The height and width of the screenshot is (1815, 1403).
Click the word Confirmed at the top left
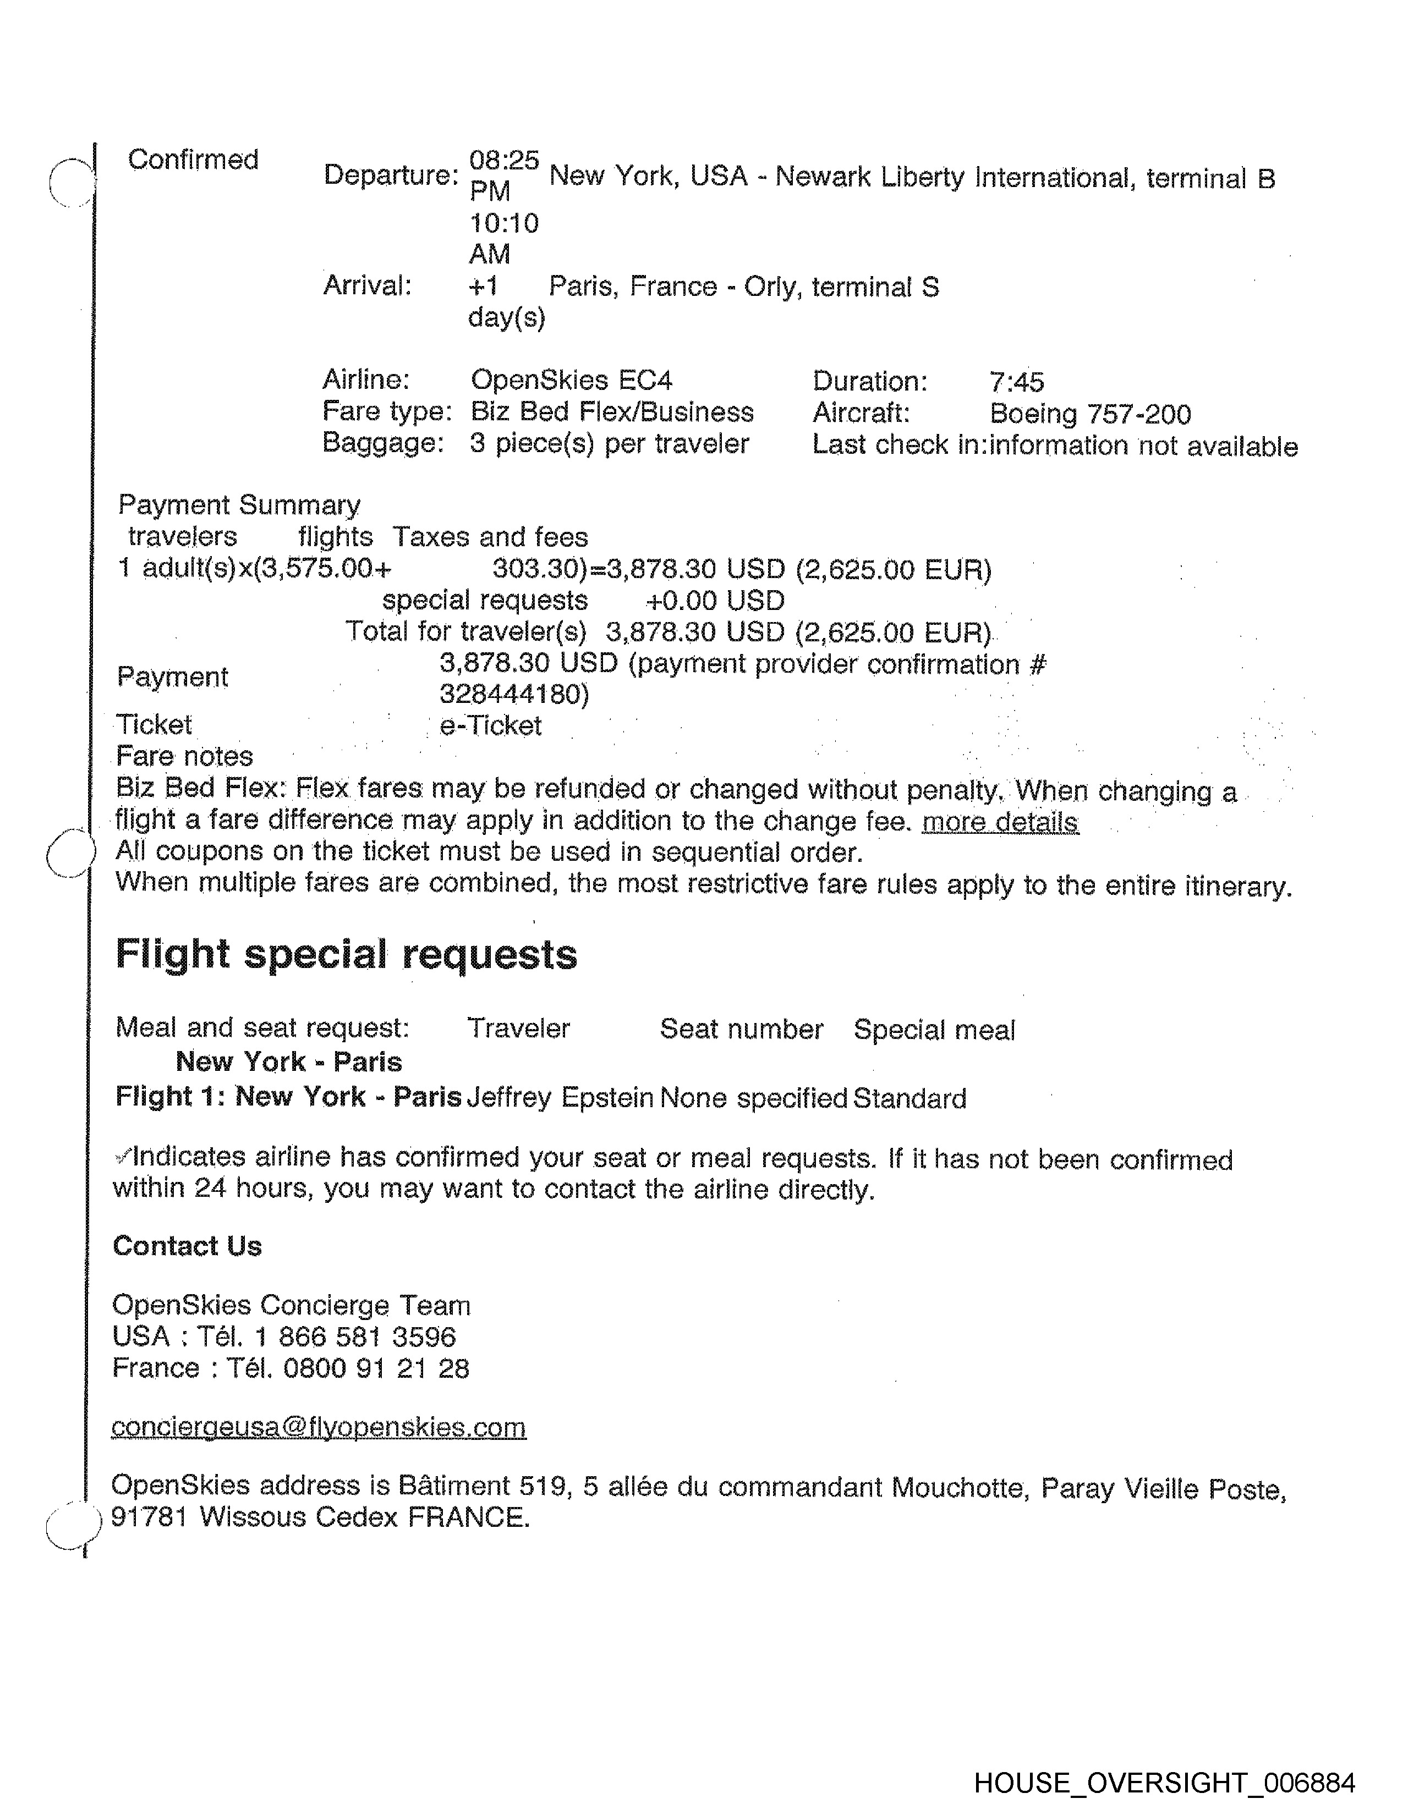tap(193, 159)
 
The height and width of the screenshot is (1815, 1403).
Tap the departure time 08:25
tap(503, 159)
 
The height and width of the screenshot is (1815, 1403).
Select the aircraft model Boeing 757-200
tap(1089, 413)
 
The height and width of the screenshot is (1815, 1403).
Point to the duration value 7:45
tap(1016, 382)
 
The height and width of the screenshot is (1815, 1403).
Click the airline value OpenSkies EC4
tap(571, 380)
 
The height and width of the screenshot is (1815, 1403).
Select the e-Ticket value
tap(490, 725)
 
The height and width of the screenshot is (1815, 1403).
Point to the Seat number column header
tap(741, 1029)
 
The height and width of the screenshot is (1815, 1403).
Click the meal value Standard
tap(909, 1099)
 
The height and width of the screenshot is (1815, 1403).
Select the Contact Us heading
tap(187, 1246)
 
